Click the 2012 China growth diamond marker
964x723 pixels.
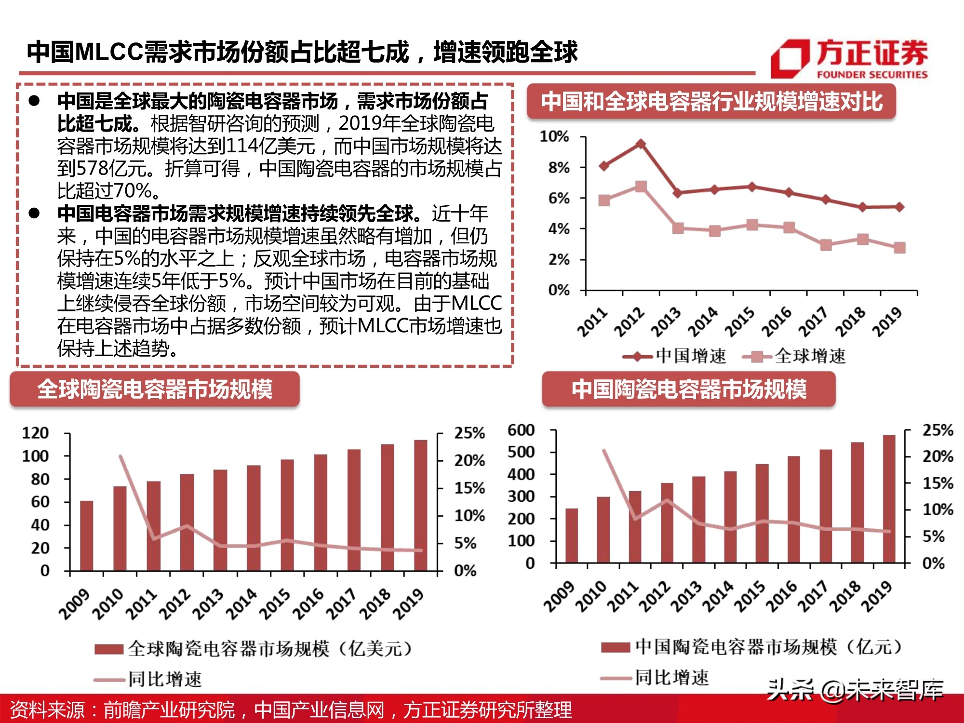click(x=641, y=144)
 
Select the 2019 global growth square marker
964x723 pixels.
click(x=899, y=248)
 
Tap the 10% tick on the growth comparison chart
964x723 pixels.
click(x=554, y=137)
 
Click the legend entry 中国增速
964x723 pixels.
click(x=675, y=357)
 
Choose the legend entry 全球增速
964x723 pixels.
click(x=794, y=357)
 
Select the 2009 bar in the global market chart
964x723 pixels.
click(x=87, y=536)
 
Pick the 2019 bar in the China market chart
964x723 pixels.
click(x=889, y=499)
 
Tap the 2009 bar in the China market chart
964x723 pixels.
click(x=572, y=536)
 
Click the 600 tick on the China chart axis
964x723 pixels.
click(x=521, y=430)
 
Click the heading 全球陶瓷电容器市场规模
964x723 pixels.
click(x=155, y=389)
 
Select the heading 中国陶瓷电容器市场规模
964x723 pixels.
click(x=689, y=389)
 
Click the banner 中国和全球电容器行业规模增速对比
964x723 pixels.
click(x=711, y=102)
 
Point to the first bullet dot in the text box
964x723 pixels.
click(x=34, y=101)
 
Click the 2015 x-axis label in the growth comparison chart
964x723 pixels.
click(x=740, y=321)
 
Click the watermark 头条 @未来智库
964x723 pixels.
click(x=855, y=690)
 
